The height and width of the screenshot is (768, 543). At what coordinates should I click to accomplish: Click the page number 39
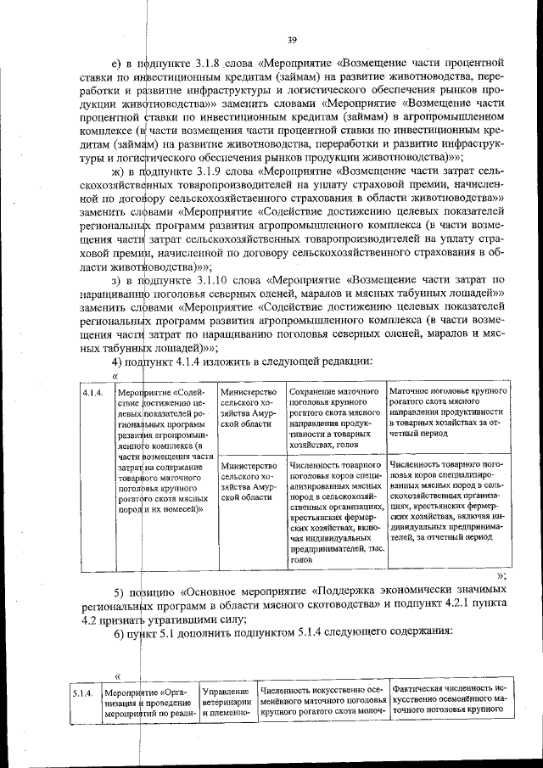coord(291,40)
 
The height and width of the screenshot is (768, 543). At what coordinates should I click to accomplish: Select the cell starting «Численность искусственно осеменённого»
coord(322,699)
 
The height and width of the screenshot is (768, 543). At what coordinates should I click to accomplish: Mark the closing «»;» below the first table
coord(502,575)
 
